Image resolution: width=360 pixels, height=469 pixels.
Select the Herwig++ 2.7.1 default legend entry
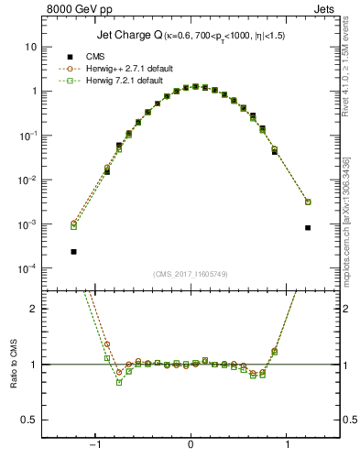pos(115,68)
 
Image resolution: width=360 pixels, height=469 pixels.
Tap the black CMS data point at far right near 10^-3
pos(308,228)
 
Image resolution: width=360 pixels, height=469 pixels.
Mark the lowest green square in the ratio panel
pos(119,382)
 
